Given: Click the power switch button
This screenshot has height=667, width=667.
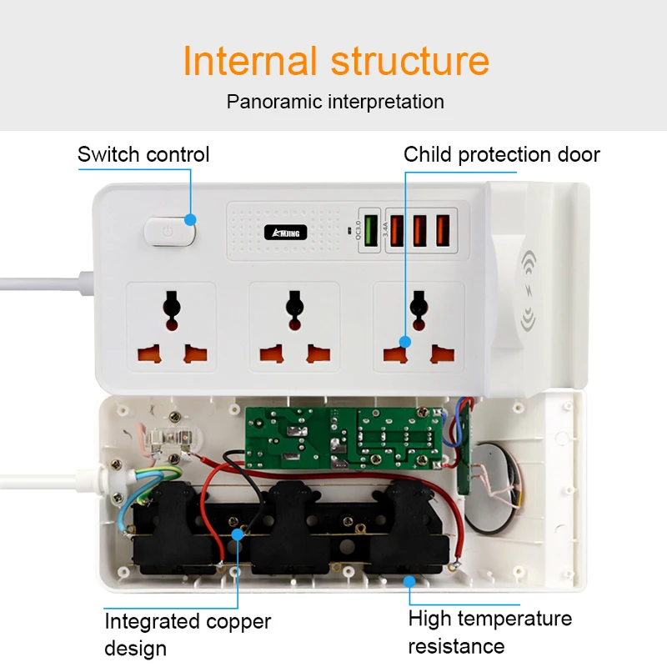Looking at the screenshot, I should tap(168, 233).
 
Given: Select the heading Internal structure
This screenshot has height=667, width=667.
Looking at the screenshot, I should tap(336, 62).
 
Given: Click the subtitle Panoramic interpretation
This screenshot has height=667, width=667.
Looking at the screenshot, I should tap(335, 102).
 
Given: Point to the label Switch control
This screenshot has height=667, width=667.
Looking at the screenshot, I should tap(143, 154).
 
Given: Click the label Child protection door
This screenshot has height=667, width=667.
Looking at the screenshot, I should tap(502, 154).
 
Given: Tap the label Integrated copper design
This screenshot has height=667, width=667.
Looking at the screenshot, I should tap(188, 634).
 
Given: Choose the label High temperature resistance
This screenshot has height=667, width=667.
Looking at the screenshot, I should tap(490, 631).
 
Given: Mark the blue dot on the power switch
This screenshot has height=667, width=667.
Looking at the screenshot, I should tap(191, 220).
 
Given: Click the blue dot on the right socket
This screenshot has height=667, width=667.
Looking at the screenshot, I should tap(405, 340).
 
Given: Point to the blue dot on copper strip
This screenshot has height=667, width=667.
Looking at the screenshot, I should tap(238, 532).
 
